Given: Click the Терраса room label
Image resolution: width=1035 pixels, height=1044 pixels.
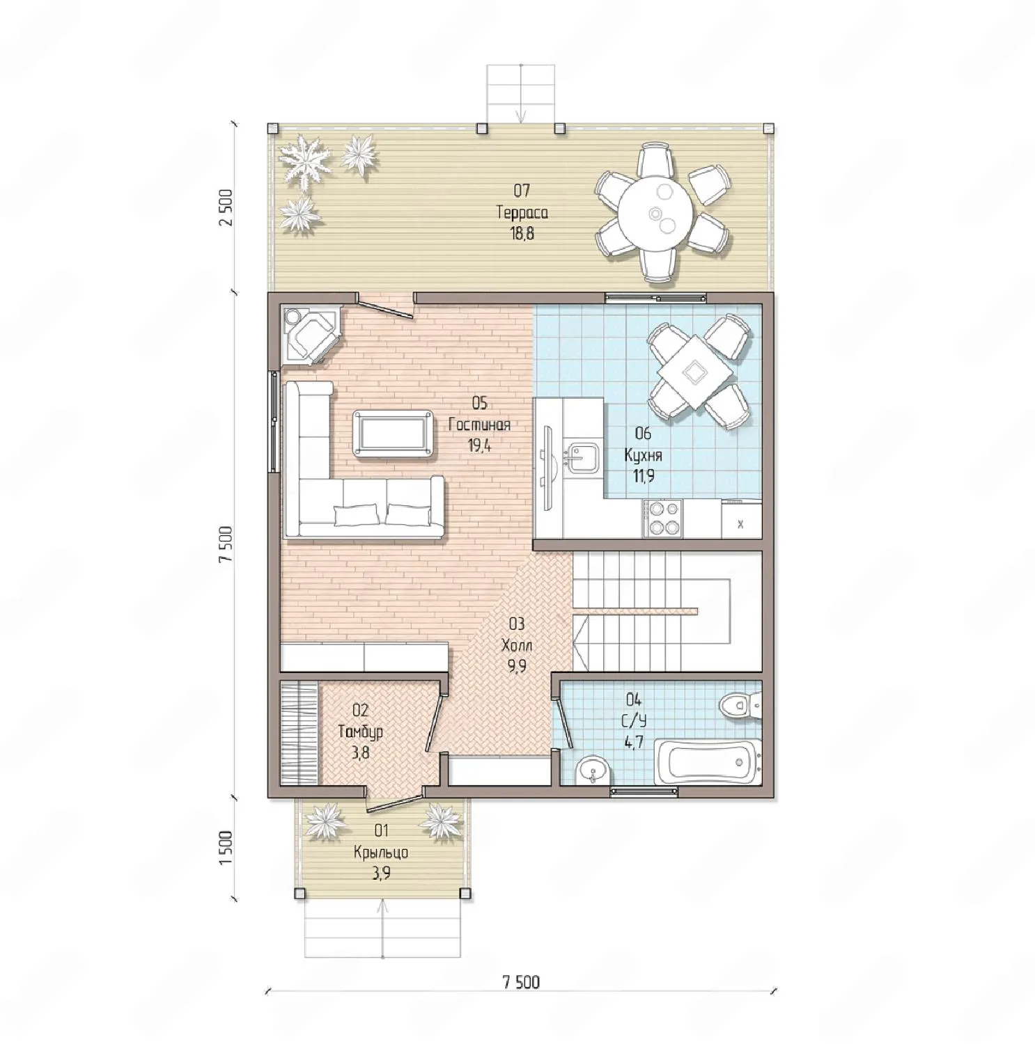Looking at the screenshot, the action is point(522,212).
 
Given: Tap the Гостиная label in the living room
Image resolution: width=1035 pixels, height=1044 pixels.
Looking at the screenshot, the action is point(479,425).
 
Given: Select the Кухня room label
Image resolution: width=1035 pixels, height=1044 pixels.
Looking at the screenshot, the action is point(643,455).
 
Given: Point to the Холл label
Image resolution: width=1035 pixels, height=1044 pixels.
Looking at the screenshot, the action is point(517,645).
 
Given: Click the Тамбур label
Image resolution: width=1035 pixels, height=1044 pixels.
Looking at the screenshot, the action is point(360,731).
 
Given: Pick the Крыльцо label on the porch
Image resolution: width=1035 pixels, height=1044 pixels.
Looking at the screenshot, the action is point(381,853).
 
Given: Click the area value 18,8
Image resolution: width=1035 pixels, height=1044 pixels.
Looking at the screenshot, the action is point(522,234).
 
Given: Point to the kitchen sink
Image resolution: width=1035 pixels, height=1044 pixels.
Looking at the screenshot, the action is point(582,459).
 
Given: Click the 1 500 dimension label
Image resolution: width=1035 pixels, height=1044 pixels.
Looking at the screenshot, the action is point(226,848).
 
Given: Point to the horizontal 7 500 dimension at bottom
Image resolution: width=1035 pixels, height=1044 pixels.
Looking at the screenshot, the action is point(521,981).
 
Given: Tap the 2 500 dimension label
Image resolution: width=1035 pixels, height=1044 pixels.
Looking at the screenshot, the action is point(226,207).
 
